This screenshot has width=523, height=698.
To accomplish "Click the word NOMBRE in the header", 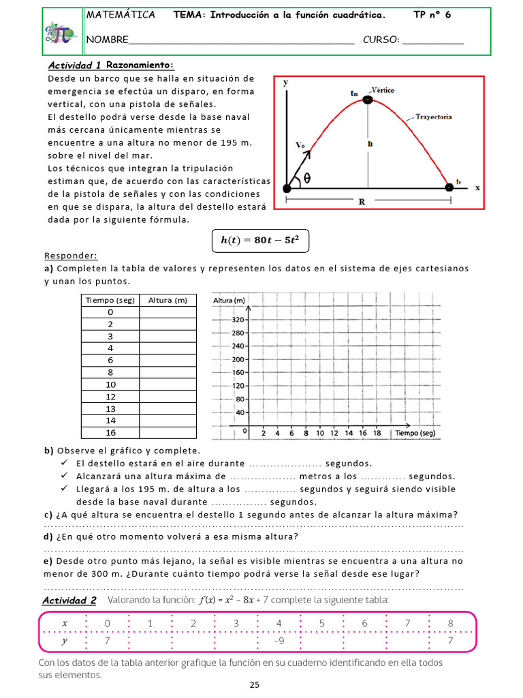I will (x=106, y=40).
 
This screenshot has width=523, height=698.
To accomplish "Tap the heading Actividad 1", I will (x=75, y=65).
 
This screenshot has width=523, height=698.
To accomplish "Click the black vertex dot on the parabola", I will (x=368, y=100).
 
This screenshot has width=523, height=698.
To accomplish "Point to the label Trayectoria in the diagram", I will (x=433, y=117).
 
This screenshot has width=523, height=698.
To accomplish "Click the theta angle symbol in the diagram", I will (x=307, y=177).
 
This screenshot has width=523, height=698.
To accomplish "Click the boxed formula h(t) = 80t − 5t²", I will (x=261, y=240).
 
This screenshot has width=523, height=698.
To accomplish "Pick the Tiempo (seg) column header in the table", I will (x=110, y=300).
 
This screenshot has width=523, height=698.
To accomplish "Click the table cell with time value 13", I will (x=110, y=408).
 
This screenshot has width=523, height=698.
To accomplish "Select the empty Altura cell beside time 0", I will (x=168, y=312).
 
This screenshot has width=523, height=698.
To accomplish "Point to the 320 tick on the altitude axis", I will (x=238, y=320).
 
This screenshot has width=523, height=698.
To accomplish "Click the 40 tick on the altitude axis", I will (x=240, y=412).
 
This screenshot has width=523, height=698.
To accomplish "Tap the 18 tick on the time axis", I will (x=377, y=433).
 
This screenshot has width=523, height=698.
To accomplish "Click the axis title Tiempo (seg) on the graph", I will (x=414, y=433).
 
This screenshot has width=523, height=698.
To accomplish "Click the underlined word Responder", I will (x=71, y=256).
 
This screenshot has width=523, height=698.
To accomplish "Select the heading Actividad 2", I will (x=69, y=600).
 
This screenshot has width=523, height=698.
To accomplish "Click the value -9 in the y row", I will (x=278, y=641).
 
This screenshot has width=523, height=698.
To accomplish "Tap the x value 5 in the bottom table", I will (x=321, y=623).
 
